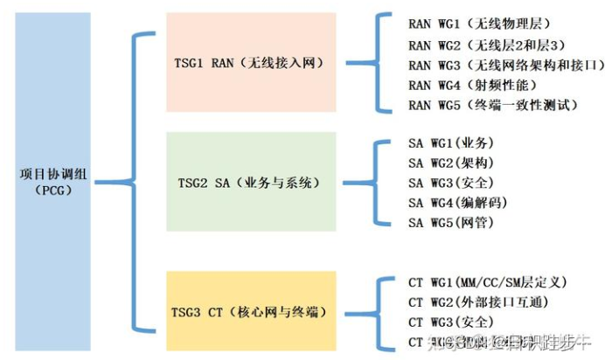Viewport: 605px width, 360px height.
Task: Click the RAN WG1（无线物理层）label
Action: point(480,24)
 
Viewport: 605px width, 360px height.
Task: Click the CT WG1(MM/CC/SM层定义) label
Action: point(489,282)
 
